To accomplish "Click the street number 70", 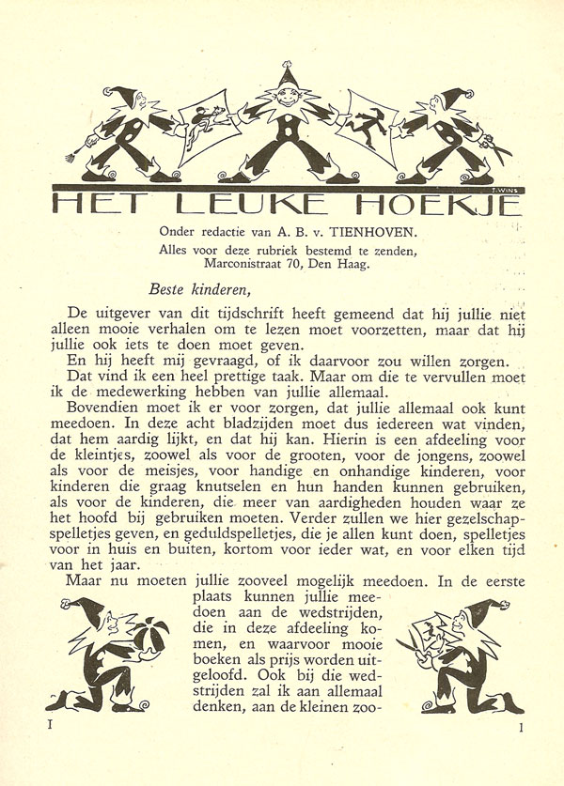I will coord(295,264).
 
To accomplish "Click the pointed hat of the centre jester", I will coord(288,75).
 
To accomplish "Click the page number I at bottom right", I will coord(520,726).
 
